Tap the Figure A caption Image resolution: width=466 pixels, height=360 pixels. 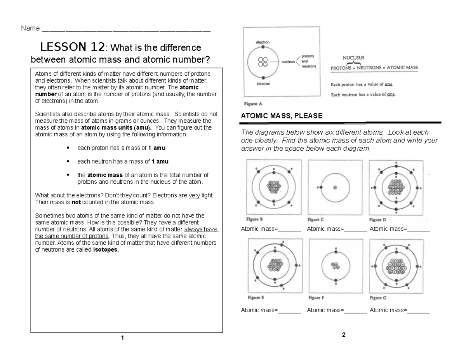tap(253, 104)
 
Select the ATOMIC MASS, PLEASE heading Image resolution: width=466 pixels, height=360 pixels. tap(282, 116)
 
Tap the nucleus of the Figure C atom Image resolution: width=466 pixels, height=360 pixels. tap(335, 188)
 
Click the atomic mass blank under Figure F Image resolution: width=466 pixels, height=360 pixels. tap(356, 310)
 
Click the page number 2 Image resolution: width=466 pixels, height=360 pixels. tap(343, 335)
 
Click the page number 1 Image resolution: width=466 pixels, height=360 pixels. tap(122, 338)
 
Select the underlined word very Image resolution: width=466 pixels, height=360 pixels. tap(194, 195)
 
